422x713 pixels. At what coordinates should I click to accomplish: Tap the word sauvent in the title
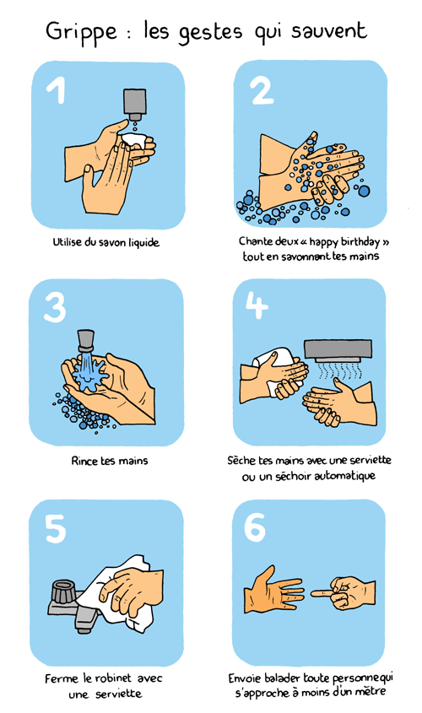[328, 30]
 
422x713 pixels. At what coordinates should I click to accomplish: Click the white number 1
[57, 89]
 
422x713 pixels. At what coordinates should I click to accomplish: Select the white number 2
[262, 89]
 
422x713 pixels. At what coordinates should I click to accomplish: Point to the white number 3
[55, 307]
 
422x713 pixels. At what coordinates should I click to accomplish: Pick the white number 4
[256, 305]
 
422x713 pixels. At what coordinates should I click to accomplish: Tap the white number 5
[56, 528]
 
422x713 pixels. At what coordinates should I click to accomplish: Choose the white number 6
[254, 527]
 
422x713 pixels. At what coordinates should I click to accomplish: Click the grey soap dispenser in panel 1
[134, 103]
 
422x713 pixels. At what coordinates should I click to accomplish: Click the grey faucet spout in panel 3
[85, 340]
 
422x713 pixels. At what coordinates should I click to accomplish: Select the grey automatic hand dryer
[338, 350]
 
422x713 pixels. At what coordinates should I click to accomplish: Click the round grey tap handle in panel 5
[64, 591]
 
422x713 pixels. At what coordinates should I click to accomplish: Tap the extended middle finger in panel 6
[324, 593]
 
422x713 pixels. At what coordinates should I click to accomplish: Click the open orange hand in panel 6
[272, 590]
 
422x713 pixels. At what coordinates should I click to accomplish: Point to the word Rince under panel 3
[84, 461]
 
